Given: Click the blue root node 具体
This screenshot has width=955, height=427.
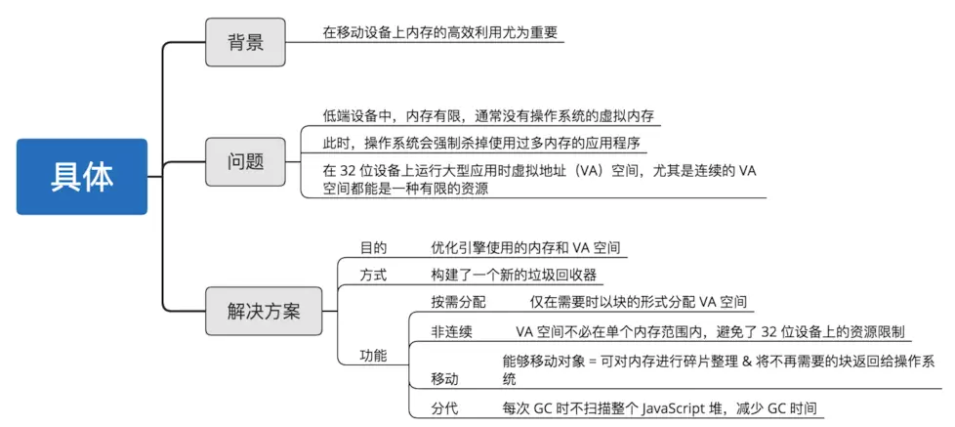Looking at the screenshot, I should tap(81, 177).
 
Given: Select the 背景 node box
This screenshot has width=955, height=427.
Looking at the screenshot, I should tap(244, 43).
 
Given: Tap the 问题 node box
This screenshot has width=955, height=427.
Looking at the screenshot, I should tap(244, 160).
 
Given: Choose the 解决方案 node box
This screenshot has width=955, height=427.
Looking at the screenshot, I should tap(265, 312).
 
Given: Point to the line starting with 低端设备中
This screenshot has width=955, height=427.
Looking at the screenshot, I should tap(488, 116).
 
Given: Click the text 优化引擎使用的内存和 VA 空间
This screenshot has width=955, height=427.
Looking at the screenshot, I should tap(525, 248).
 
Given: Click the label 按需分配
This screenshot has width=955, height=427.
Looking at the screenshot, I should tap(458, 302).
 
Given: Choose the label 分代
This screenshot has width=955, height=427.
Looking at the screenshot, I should tap(444, 407).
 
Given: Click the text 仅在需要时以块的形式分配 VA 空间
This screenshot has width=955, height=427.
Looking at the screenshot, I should tap(639, 302).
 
